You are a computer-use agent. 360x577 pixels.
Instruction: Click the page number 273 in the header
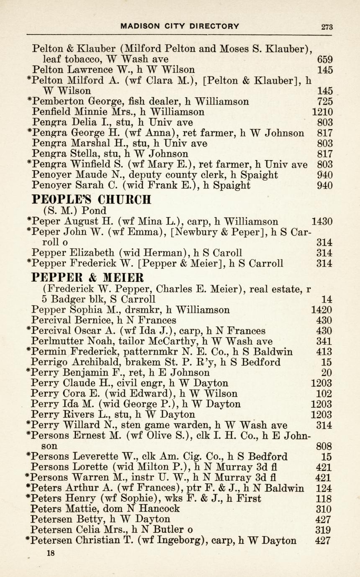327,27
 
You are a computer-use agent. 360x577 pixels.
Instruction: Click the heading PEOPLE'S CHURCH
91,199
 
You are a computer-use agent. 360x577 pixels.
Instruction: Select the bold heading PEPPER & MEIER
88,277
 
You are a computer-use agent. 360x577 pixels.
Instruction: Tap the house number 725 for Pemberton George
325,101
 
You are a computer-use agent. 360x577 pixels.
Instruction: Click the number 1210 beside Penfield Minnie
323,112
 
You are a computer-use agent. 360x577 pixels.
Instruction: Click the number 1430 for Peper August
323,221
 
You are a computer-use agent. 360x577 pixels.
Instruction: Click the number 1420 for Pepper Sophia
322,310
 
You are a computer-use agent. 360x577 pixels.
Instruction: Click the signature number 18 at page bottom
51,553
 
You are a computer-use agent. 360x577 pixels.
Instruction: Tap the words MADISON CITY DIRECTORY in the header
180,26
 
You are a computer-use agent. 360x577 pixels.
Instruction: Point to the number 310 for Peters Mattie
325,509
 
